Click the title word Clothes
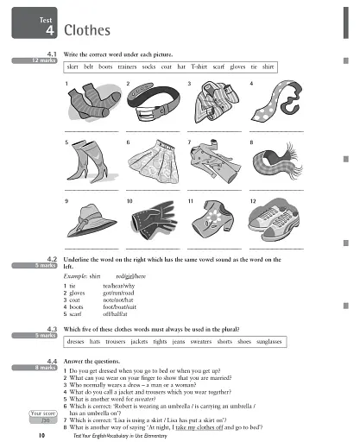(87, 32)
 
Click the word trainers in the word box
(125, 66)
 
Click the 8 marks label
(44, 365)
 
